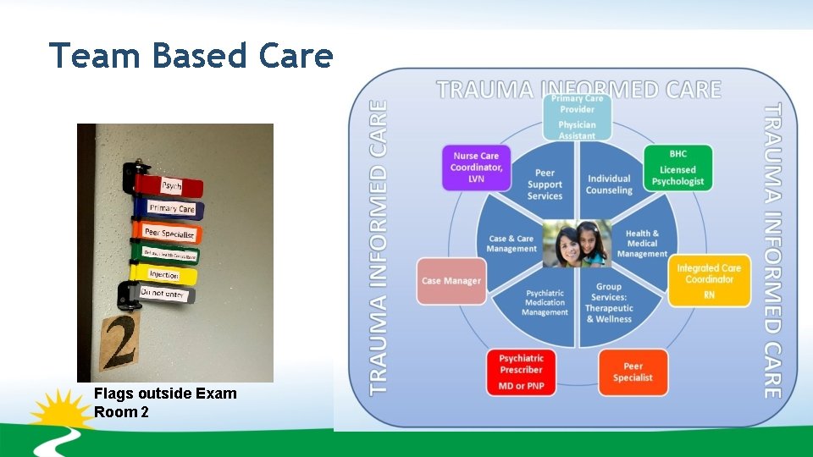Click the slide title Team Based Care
tap(191, 56)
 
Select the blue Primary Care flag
tap(170, 208)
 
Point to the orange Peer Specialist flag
tap(169, 233)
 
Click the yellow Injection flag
tap(164, 274)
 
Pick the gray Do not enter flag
tap(163, 294)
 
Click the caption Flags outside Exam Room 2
tap(165, 403)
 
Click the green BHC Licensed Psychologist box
tap(677, 168)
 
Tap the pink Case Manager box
tap(451, 281)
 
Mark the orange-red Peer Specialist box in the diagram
tap(633, 372)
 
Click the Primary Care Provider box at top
tap(577, 116)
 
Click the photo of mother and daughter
tap(577, 244)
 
